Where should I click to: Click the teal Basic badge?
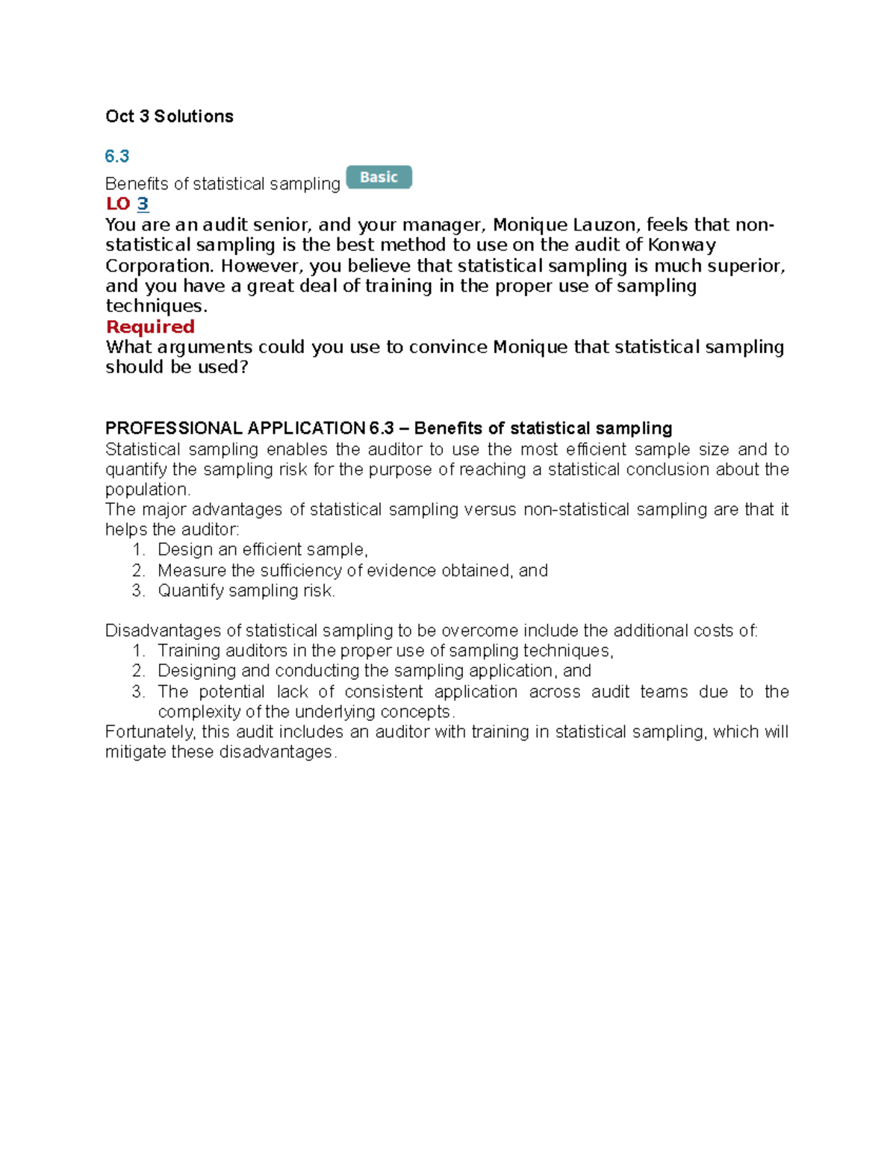379,178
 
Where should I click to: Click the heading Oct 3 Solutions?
169,116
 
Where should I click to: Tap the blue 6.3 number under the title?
117,156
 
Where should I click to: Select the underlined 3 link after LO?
143,204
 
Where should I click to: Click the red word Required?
150,327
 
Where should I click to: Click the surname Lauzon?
604,225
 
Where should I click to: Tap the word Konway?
682,245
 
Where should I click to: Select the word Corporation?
159,266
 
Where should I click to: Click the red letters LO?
118,204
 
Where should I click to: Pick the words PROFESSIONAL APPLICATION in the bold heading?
234,428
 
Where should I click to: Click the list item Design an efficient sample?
263,550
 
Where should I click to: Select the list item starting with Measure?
352,571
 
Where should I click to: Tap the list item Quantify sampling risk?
246,591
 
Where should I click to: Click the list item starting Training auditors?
385,651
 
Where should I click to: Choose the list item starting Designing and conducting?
374,671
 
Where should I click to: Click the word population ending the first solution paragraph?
147,490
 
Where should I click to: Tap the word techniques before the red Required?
155,306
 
